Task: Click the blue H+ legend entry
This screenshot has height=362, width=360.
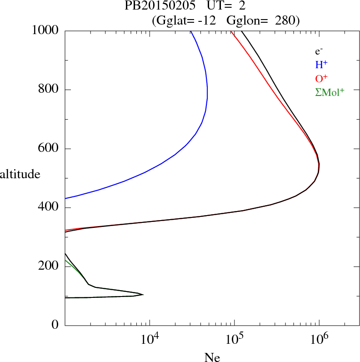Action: (x=322, y=65)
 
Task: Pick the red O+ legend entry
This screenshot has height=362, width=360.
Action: (x=322, y=78)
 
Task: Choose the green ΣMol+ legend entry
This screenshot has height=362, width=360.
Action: (x=330, y=92)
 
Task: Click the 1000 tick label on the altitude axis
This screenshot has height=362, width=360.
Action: (x=46, y=30)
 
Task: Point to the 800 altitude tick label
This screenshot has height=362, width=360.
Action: (x=49, y=90)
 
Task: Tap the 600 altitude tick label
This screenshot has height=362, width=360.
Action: (x=49, y=149)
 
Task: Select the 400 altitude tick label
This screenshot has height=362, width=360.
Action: (x=49, y=208)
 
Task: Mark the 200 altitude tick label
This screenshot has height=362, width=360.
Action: (x=49, y=266)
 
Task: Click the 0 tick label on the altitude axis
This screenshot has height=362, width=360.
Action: (x=55, y=325)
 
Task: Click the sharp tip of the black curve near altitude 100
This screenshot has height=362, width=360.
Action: (x=143, y=295)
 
